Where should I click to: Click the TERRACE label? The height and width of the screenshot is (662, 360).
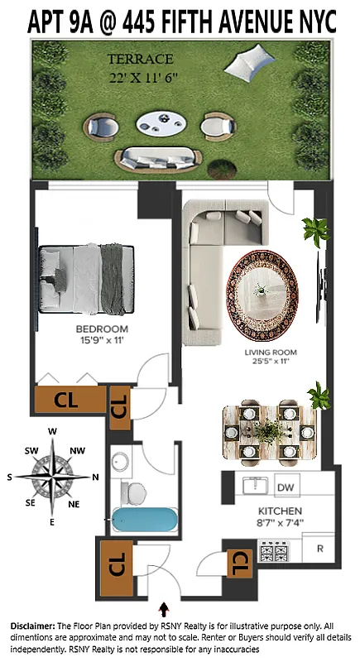[x=140, y=60]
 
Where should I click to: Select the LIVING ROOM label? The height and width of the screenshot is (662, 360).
[x=270, y=353]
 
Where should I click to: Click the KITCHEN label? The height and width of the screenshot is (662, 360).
[x=279, y=511]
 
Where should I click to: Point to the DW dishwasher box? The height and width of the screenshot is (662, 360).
[x=286, y=487]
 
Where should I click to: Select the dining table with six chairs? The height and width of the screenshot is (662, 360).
[x=270, y=431]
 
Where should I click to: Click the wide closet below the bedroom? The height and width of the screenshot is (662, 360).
[x=70, y=400]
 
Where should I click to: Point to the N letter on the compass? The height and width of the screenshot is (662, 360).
[x=94, y=477]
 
